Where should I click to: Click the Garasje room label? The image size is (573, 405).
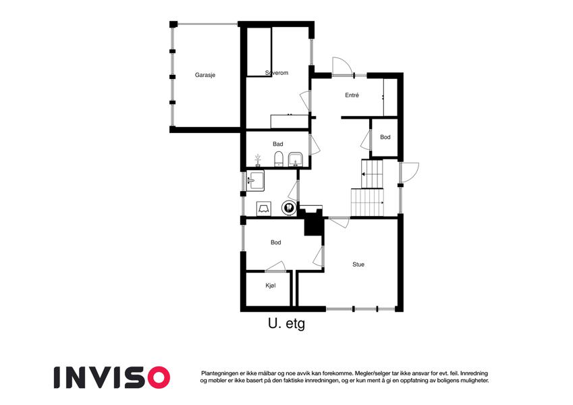click(x=205, y=76)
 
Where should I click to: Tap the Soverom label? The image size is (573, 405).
click(x=277, y=73)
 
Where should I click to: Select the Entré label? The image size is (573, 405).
click(x=352, y=95)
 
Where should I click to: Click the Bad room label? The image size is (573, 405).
click(x=278, y=144)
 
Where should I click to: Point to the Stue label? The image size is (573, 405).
click(x=358, y=265)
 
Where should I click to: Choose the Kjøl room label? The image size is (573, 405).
click(x=271, y=286)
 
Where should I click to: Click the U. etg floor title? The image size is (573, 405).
click(x=286, y=324)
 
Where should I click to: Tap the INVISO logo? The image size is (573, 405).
click(x=112, y=377)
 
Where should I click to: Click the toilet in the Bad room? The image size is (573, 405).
click(x=279, y=159)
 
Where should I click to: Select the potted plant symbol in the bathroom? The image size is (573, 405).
click(x=258, y=160)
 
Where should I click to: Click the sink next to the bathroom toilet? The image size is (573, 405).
click(x=295, y=159)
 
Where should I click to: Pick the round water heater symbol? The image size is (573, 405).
click(x=289, y=208)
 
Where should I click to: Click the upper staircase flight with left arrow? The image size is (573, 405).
click(x=372, y=173)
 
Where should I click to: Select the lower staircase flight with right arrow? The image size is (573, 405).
click(x=368, y=202)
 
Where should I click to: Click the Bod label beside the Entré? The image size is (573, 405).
click(x=385, y=137)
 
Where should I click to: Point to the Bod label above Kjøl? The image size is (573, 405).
click(x=276, y=242)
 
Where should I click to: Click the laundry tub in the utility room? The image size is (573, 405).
click(x=255, y=181)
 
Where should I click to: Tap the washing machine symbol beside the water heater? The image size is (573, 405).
click(x=263, y=209)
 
